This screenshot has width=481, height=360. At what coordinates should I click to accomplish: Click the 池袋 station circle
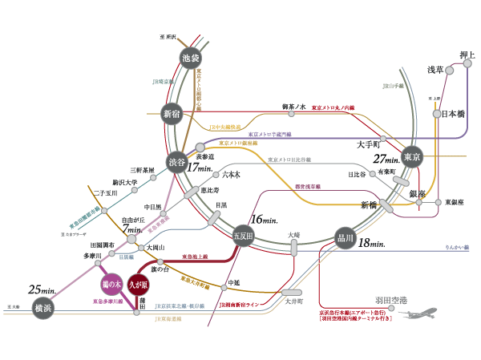(190, 58)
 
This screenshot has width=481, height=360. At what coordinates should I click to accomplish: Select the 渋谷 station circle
(177, 163)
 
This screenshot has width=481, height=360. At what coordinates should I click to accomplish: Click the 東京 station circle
(412, 156)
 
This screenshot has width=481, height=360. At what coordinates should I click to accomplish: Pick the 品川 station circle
(346, 237)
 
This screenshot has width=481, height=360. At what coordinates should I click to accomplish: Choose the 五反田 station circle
(242, 237)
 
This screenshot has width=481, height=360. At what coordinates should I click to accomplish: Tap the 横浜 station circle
(42, 307)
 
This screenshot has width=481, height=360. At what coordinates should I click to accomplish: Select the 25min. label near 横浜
(40, 289)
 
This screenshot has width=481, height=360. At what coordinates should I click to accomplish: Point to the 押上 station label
(468, 55)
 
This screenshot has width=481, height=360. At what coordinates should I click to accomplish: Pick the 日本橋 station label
(454, 114)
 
